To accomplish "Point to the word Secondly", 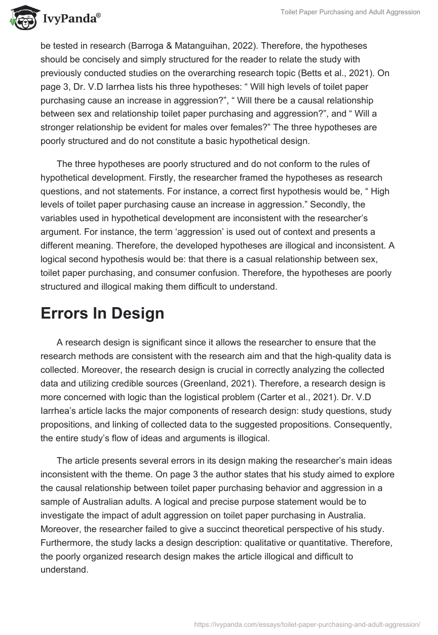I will click(328, 204).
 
